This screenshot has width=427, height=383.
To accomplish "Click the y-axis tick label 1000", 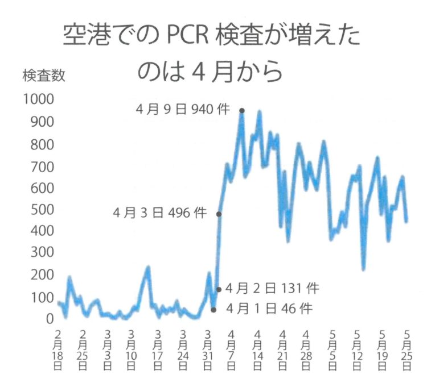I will click(38, 100).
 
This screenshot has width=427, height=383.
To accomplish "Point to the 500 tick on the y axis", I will click(42, 209).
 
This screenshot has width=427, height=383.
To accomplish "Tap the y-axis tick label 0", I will click(50, 319).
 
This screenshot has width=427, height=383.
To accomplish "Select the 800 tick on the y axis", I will click(42, 144).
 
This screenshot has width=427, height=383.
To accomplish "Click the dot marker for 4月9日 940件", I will click(242, 111).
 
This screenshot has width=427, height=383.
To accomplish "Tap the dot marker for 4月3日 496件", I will click(219, 214).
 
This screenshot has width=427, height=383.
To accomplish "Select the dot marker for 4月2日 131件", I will click(219, 289).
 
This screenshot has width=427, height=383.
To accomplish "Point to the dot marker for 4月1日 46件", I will click(213, 310).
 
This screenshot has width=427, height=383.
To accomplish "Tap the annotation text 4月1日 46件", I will click(269, 309).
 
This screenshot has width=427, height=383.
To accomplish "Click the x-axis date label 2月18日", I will click(58, 349).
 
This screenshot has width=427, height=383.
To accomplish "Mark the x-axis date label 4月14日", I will click(257, 349).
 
